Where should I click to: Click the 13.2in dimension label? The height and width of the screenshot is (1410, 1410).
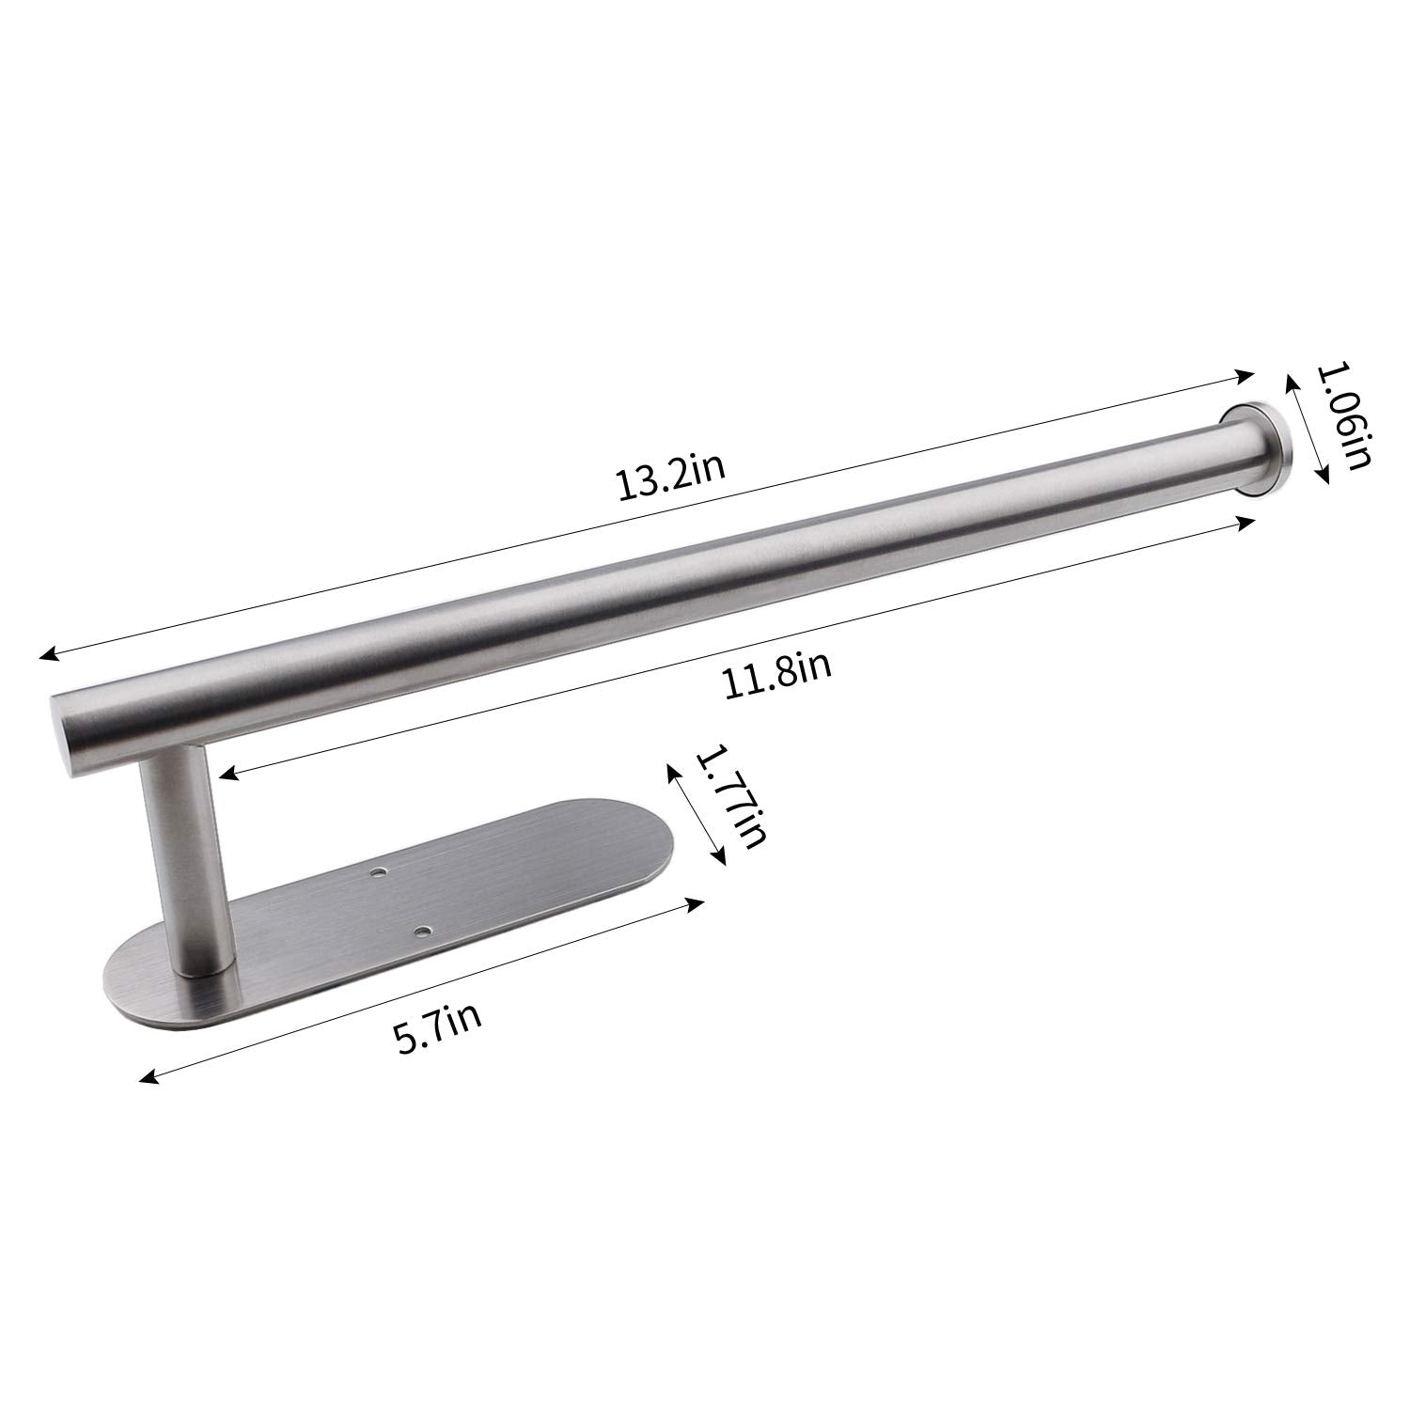[x=669, y=479]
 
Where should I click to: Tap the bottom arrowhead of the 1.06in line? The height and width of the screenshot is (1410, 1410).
[x=1325, y=477]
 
